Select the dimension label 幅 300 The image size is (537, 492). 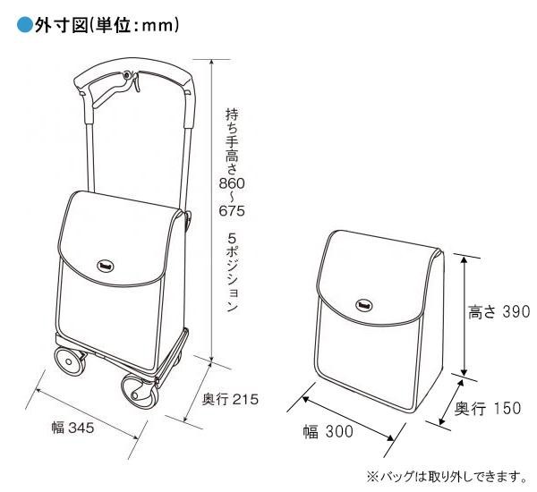pos(327,431)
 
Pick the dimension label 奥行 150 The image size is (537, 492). pos(488,409)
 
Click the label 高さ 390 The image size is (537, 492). pos(499,312)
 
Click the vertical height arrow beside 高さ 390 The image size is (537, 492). pos(465,313)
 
